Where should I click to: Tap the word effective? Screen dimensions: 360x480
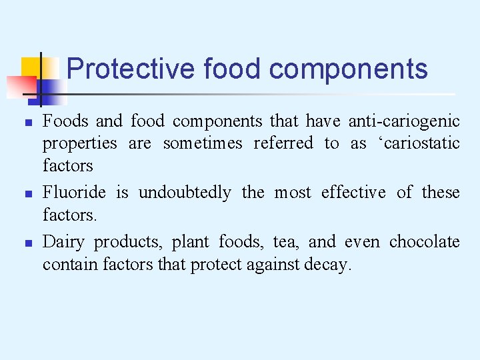point(353,193)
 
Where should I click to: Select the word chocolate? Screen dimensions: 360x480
point(425,241)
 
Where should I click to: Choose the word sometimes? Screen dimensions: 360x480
point(203,143)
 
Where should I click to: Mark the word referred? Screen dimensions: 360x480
point(283,143)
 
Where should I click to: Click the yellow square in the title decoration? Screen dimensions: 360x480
point(31,68)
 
